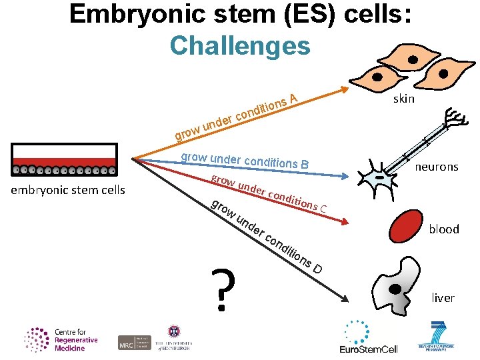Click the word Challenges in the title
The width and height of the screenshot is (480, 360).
point(240,45)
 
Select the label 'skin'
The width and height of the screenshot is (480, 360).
point(404,99)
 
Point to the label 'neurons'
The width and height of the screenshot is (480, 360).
point(437,167)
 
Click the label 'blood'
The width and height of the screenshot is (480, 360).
point(444,229)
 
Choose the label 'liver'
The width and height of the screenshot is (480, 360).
point(443,298)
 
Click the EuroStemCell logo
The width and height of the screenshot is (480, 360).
point(369,337)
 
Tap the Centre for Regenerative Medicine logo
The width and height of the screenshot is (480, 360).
point(61,339)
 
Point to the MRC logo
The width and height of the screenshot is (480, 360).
point(134,342)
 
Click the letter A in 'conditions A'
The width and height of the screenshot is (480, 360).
point(293,99)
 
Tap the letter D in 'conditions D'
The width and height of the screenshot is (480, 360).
point(319,269)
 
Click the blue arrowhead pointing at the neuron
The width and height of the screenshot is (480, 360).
point(345,177)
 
